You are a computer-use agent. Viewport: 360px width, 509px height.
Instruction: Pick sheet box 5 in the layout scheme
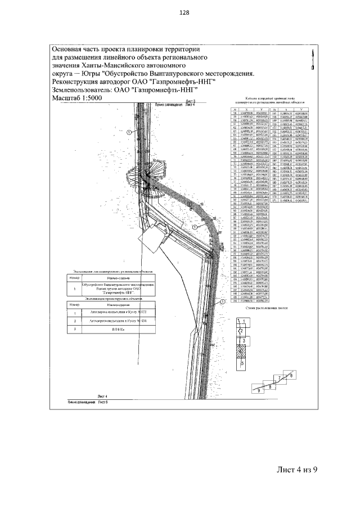tap(242, 364)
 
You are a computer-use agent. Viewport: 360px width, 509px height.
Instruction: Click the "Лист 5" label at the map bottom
tap(102, 402)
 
